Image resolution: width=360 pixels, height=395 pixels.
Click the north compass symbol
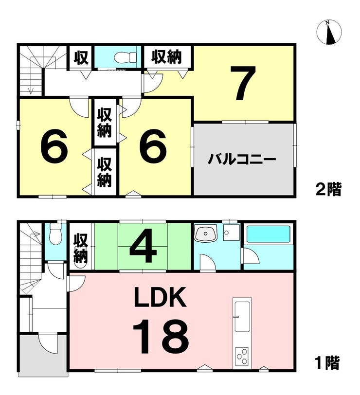pyautogui.click(x=329, y=33)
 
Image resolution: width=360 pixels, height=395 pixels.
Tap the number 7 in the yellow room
pyautogui.click(x=243, y=83)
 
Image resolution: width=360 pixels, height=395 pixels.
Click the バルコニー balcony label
pyautogui.click(x=242, y=159)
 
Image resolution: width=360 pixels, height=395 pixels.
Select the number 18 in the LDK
pyautogui.click(x=161, y=336)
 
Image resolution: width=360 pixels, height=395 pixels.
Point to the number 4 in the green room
pyautogui.click(x=143, y=245)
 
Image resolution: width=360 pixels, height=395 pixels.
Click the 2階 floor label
pyautogui.click(x=328, y=189)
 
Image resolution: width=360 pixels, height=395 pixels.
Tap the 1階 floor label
pyautogui.click(x=327, y=363)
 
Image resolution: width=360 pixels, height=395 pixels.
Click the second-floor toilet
pyautogui.click(x=125, y=58)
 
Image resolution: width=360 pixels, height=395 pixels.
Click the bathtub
pyautogui.click(x=268, y=234)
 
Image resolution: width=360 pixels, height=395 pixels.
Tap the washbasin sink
pyautogui.click(x=206, y=234)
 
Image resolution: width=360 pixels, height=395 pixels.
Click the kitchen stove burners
pyautogui.click(x=242, y=357)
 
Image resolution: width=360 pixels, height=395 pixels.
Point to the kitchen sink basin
pyautogui.click(x=242, y=317)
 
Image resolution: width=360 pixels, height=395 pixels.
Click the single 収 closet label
pyautogui.click(x=81, y=58)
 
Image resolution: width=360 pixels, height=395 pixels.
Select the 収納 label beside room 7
pyautogui.click(x=166, y=56)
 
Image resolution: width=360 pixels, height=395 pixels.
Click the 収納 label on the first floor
pyautogui.click(x=81, y=249)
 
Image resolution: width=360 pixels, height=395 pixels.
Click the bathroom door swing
pyautogui.click(x=250, y=256)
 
